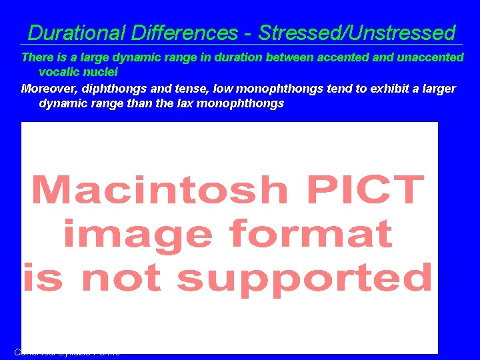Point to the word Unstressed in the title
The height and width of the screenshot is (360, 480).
tap(399, 33)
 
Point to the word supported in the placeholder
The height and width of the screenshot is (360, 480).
tap(305, 278)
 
